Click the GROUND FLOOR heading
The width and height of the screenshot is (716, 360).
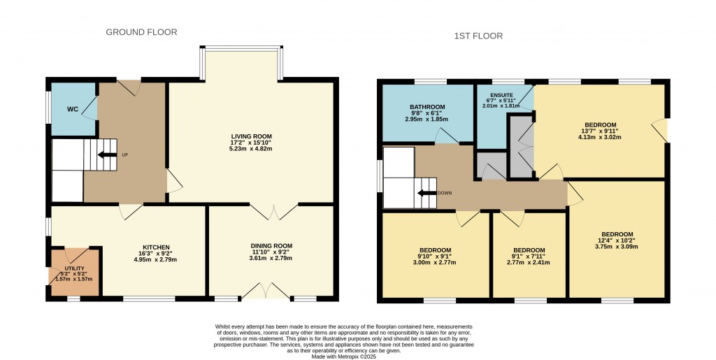(141, 32)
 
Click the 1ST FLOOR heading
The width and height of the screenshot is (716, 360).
(478, 36)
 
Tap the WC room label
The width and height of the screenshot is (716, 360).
(73, 110)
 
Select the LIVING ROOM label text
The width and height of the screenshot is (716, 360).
(252, 136)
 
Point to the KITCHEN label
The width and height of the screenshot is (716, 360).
(157, 247)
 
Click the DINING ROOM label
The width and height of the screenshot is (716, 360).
(271, 245)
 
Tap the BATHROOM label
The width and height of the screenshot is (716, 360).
(427, 107)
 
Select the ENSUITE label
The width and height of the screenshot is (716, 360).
(502, 94)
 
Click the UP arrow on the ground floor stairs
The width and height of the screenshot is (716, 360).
(106, 155)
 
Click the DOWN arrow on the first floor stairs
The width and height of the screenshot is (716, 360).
(426, 193)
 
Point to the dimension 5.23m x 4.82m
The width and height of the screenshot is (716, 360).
(252, 150)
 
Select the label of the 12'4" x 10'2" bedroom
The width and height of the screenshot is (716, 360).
(617, 234)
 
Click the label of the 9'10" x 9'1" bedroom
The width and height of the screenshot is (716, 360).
(435, 250)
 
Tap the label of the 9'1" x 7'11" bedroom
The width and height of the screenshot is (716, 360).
(529, 250)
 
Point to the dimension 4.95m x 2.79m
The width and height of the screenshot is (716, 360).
(157, 260)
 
